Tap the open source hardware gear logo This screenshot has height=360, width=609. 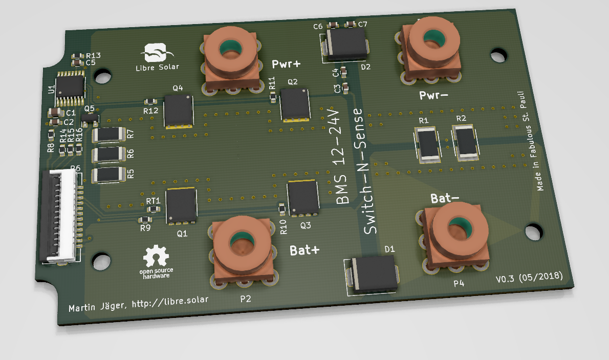point(156,256)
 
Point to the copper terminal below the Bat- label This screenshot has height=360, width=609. point(454,237)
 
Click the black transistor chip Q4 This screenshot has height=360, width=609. point(179,111)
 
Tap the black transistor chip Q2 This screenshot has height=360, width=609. point(295,104)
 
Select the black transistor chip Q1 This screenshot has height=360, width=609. point(181,206)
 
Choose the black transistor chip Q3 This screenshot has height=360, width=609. point(303,198)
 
